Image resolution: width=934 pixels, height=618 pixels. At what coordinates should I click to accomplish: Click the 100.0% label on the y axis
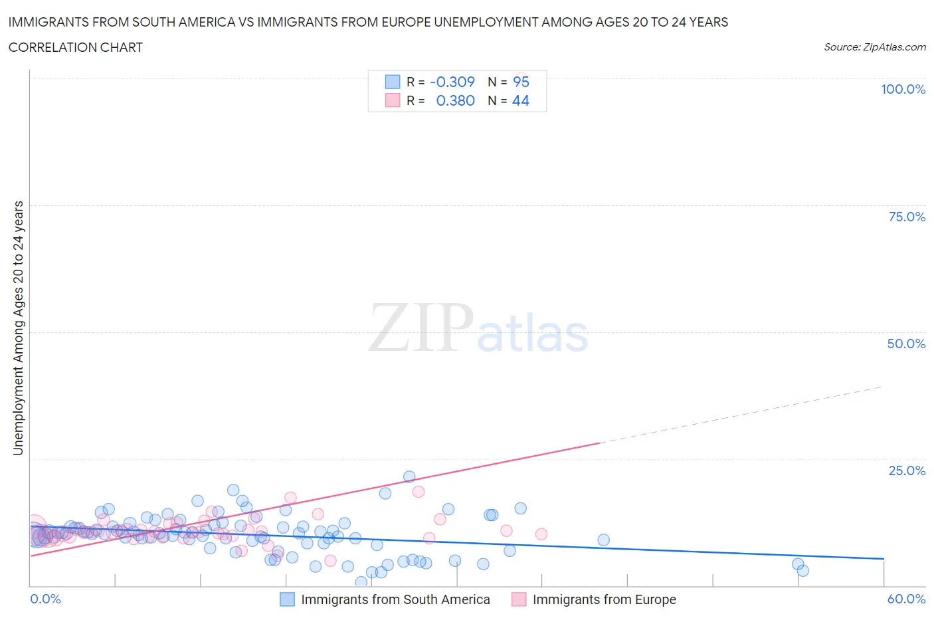pos(903,89)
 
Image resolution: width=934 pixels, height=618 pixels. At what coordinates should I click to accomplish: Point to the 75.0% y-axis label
pos(907,217)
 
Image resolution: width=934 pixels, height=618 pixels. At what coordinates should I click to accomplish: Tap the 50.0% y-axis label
pos(906,344)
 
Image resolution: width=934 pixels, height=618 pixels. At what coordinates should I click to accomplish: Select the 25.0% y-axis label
pos(907,470)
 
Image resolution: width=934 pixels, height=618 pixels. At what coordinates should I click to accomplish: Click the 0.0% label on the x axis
pos(45,599)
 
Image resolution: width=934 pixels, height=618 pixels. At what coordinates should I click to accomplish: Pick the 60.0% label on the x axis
pos(906,599)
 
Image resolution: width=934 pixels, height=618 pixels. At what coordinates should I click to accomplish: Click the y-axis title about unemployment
pos(18,328)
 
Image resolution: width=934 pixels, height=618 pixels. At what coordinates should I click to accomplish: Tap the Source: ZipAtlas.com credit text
pos(874,47)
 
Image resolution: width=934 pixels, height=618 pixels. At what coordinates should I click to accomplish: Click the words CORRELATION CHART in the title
pos(76,47)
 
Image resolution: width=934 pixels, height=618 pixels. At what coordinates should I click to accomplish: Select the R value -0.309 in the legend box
pos(452,82)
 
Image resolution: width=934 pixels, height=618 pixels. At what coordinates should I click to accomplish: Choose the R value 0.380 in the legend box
pos(455,100)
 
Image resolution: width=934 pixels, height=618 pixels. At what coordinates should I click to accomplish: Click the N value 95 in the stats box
pos(521,82)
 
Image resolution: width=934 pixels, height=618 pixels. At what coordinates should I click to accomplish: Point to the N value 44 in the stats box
pos(520,100)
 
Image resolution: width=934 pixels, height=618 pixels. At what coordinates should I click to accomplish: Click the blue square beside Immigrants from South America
pos(287,599)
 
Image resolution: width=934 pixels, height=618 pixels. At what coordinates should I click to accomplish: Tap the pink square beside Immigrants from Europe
pos(519,599)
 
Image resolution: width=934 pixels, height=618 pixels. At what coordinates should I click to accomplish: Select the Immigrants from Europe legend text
pos(604,599)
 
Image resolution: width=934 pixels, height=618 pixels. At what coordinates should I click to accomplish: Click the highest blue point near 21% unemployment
pos(409,476)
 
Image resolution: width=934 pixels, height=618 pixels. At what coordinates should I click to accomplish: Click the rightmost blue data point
pos(802,570)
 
